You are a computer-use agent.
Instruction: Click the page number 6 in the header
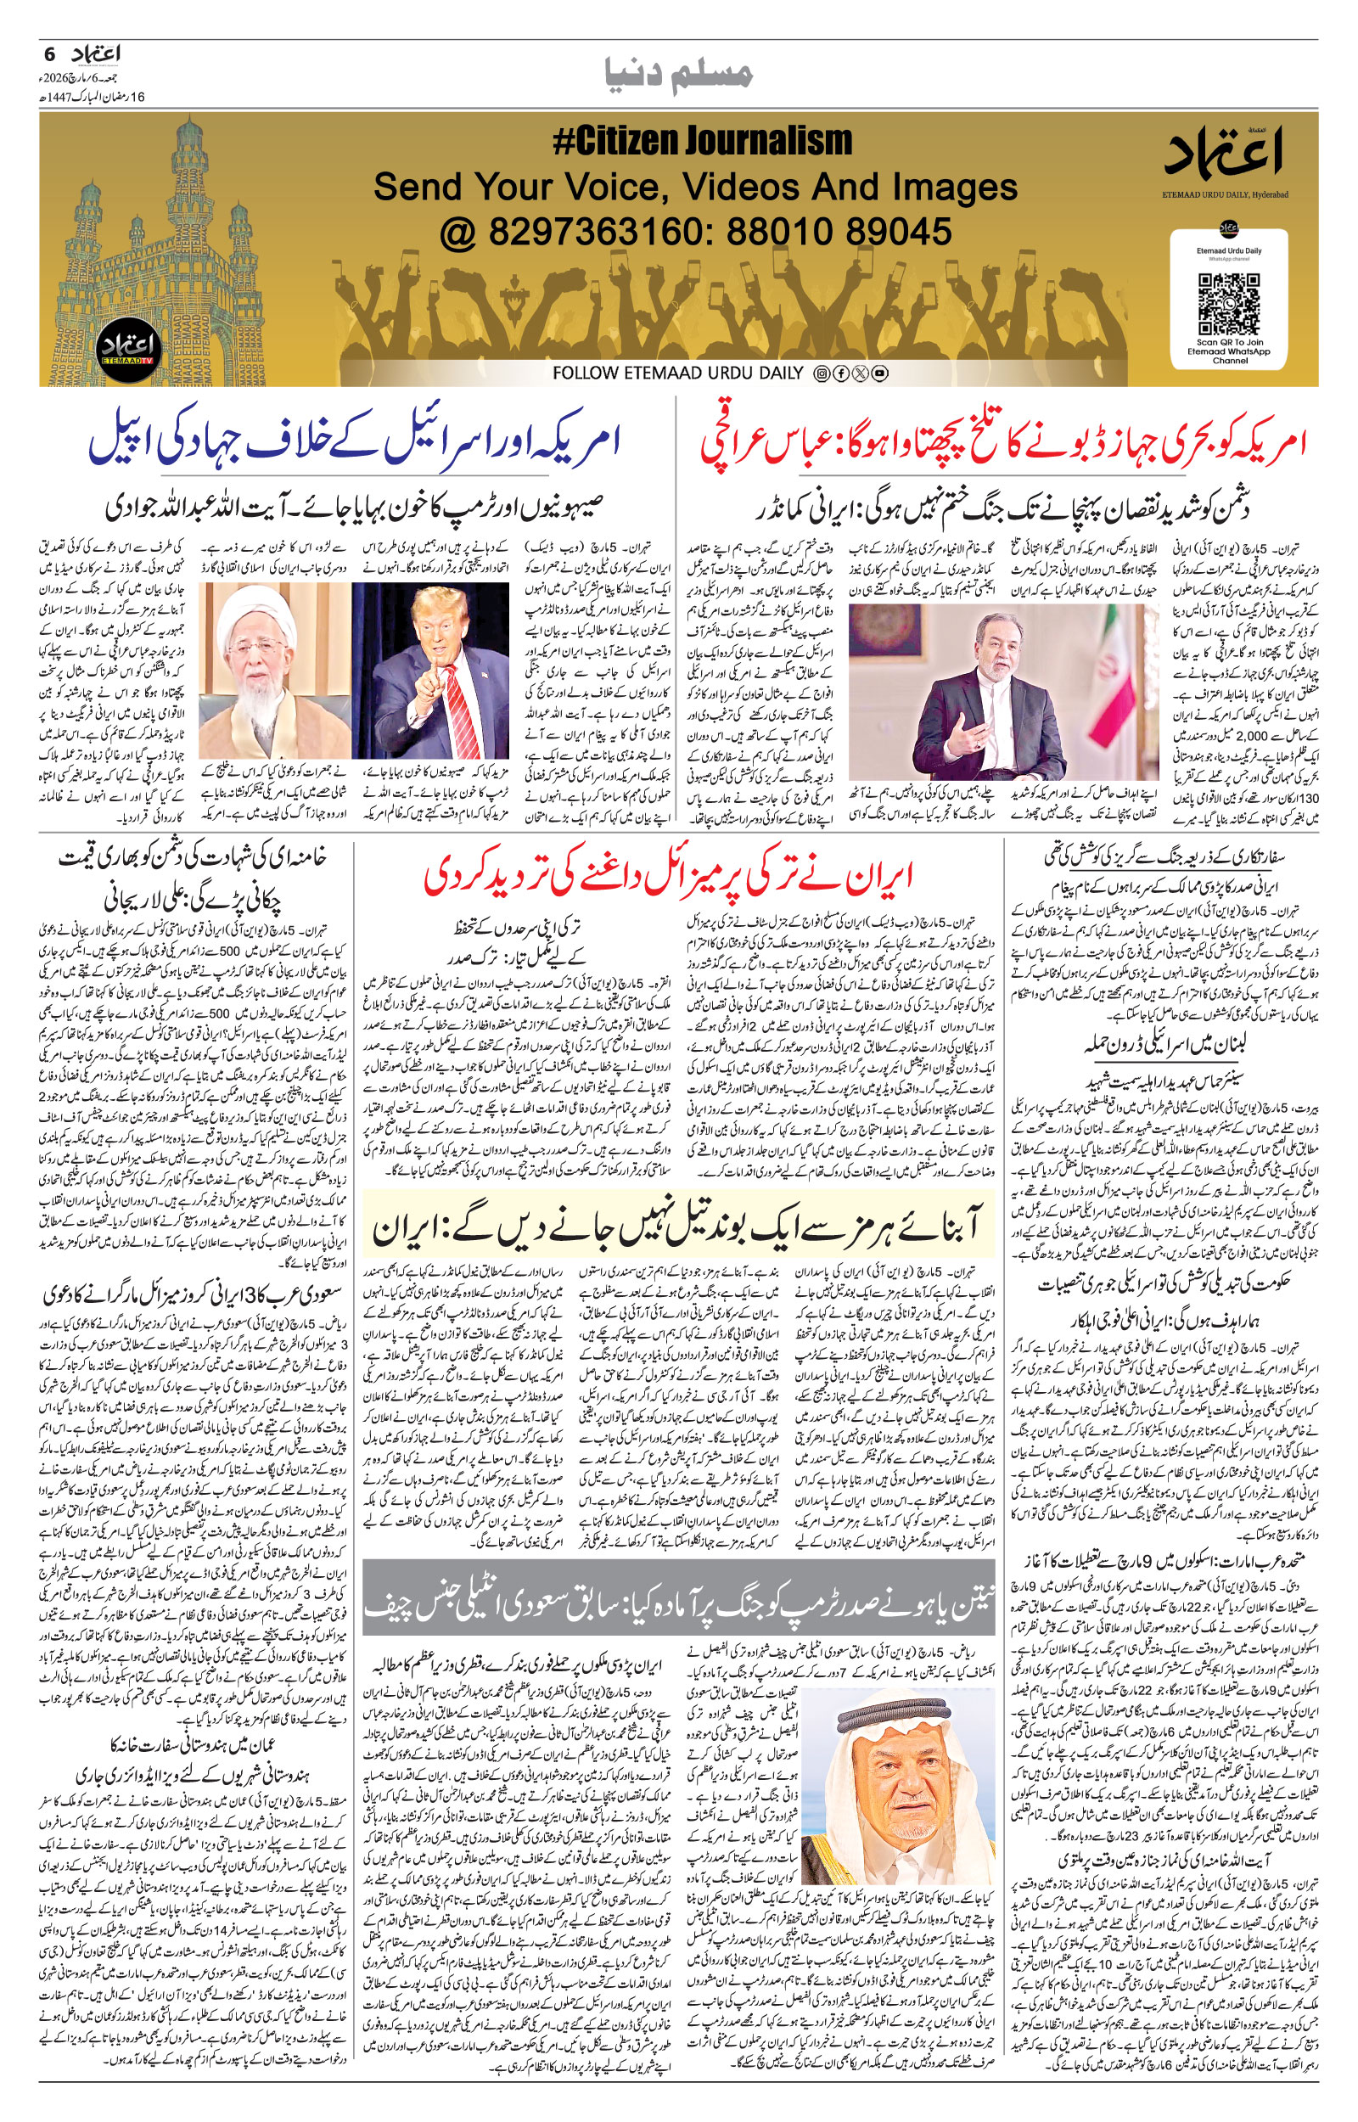point(49,54)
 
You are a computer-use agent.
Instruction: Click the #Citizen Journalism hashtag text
point(702,141)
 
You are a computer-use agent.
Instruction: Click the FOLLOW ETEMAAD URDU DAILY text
point(677,373)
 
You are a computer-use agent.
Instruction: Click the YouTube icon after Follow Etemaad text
point(879,373)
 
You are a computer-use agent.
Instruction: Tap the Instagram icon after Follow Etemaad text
point(822,373)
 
